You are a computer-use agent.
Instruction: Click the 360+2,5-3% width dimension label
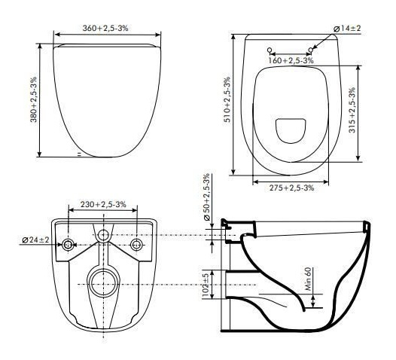pos(105,28)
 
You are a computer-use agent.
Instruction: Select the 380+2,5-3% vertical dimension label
pos(34,99)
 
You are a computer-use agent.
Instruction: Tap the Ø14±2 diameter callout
pos(347,29)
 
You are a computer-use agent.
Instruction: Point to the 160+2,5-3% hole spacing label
pos(291,61)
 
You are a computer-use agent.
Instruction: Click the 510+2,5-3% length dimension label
pos(227,99)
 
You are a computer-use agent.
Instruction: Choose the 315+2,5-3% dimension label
pos(352,110)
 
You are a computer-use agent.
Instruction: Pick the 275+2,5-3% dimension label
pos(291,188)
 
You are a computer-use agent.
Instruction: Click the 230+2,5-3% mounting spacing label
pos(103,204)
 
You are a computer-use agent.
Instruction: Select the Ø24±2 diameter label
pos(35,239)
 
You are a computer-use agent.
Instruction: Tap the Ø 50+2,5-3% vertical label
pos(206,197)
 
